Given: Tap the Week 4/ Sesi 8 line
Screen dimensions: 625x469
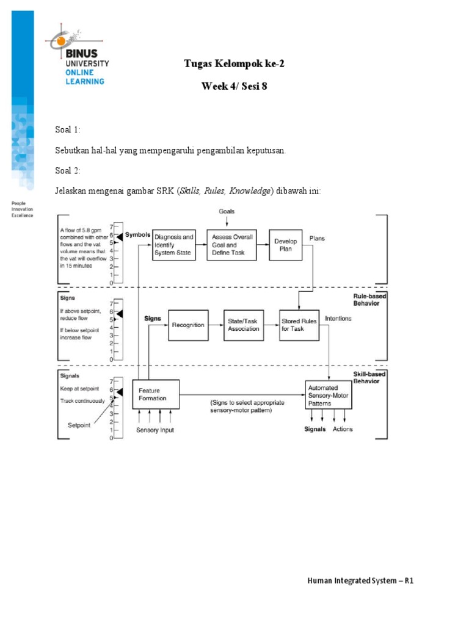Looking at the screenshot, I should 234,87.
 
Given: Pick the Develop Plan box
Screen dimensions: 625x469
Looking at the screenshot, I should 286,245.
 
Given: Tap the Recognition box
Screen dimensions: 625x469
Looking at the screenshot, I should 188,325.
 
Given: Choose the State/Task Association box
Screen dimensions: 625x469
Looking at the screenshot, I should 244,325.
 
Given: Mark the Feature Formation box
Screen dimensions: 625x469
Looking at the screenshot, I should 156,394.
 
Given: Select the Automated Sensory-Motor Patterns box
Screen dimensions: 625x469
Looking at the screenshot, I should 330,395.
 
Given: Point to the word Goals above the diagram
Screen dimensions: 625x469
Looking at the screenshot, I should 227,211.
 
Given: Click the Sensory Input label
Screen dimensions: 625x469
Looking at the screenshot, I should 155,430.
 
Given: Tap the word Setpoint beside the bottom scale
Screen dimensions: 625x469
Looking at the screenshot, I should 78,425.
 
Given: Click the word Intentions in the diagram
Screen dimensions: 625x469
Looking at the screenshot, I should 338,318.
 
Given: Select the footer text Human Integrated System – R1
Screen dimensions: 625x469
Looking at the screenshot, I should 360,581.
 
